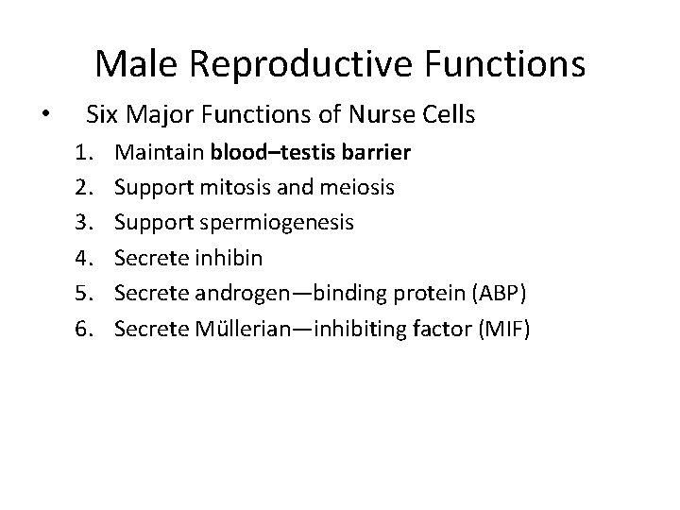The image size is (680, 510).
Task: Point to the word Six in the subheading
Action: point(103,116)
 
